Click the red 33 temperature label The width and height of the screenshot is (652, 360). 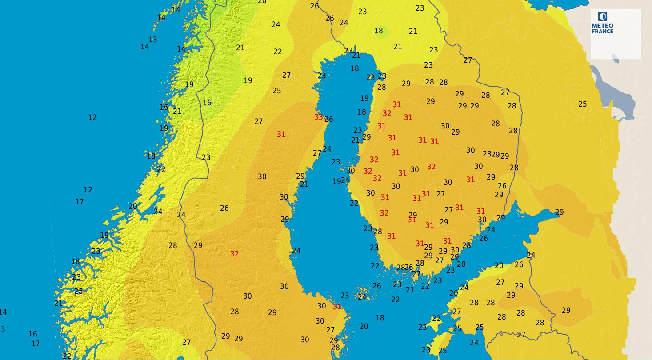(318, 117)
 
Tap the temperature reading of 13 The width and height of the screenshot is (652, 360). (152, 40)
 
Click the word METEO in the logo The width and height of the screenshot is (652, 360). (602, 26)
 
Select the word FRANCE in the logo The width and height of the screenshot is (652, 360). (602, 31)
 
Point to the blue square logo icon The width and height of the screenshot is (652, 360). (602, 17)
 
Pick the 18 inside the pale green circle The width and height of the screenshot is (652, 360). (378, 31)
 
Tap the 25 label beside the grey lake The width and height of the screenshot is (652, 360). (582, 104)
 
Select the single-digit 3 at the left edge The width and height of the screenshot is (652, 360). (3, 329)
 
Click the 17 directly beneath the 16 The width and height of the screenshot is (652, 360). (35, 344)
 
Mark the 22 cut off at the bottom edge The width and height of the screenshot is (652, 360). (67, 356)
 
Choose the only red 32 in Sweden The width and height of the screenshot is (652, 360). (234, 254)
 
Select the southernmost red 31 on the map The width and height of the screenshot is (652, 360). (337, 307)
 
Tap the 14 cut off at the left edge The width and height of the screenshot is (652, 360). (3, 312)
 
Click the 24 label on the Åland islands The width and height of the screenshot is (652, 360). (362, 297)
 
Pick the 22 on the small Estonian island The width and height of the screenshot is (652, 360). (436, 319)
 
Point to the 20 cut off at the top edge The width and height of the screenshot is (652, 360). (262, 2)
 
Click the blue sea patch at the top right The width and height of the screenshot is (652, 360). (551, 4)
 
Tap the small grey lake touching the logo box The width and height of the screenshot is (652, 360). (615, 58)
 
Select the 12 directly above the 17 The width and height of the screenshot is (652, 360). (88, 190)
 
